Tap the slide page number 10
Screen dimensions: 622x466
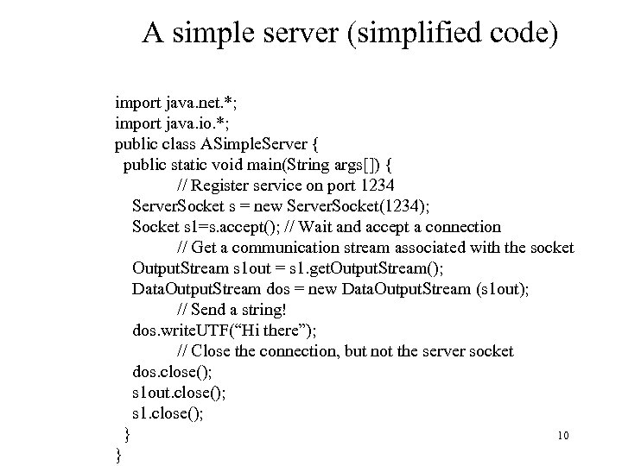563,436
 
